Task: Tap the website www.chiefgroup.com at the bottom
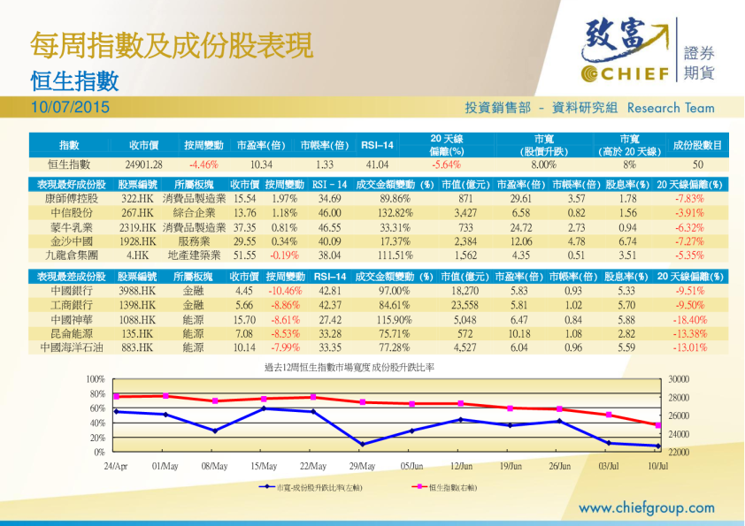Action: [646, 507]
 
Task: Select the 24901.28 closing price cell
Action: [144, 164]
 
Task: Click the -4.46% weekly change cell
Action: [204, 164]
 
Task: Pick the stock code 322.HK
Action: [138, 199]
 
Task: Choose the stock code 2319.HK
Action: [138, 227]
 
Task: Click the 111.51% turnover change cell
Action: [396, 255]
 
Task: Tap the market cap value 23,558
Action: [465, 305]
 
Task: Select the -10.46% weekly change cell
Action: [285, 291]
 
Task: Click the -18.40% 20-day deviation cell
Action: [690, 319]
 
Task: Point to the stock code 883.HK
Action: [138, 347]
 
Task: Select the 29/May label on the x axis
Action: [362, 465]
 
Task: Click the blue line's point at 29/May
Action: [362, 443]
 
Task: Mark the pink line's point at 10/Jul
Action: [657, 425]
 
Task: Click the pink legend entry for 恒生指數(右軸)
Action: [447, 487]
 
